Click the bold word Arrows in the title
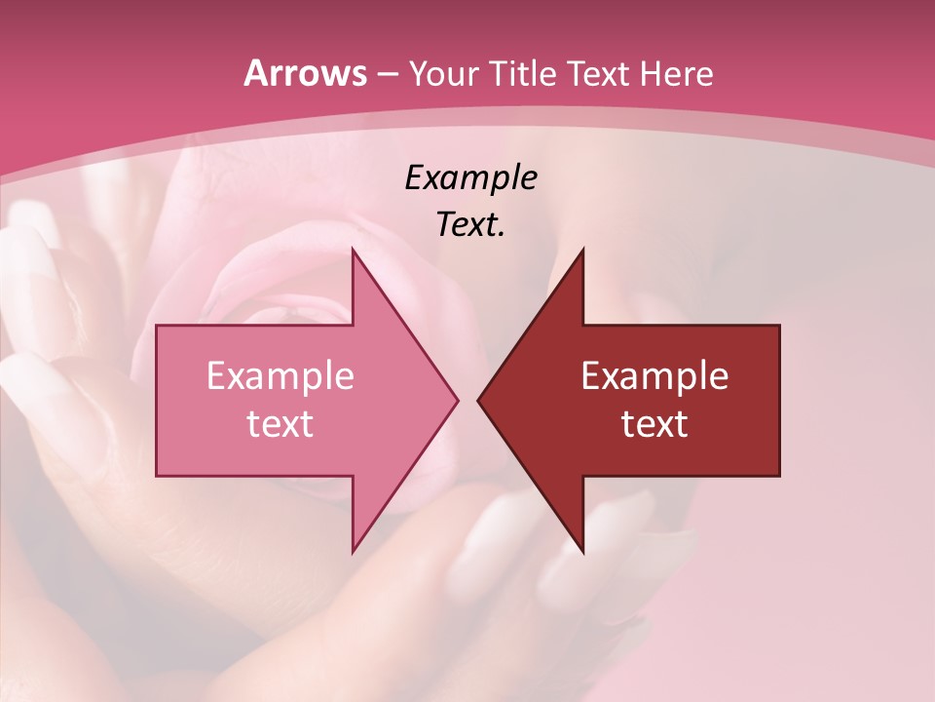(x=304, y=73)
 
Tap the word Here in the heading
(x=678, y=74)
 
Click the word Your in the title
(x=443, y=74)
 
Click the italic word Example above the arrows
(x=470, y=178)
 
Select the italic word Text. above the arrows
(x=470, y=224)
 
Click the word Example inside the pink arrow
(x=280, y=376)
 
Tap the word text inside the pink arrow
(x=280, y=424)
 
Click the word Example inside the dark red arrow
(x=654, y=376)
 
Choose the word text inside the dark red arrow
(x=654, y=424)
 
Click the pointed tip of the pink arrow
(x=458, y=400)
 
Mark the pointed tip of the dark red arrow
(x=478, y=400)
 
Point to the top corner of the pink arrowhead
(x=353, y=249)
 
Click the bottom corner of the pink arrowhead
(x=353, y=553)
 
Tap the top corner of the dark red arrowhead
(x=582, y=249)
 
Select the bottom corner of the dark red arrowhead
(x=582, y=553)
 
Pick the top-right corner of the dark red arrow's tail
(x=779, y=326)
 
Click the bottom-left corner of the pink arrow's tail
(x=157, y=476)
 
